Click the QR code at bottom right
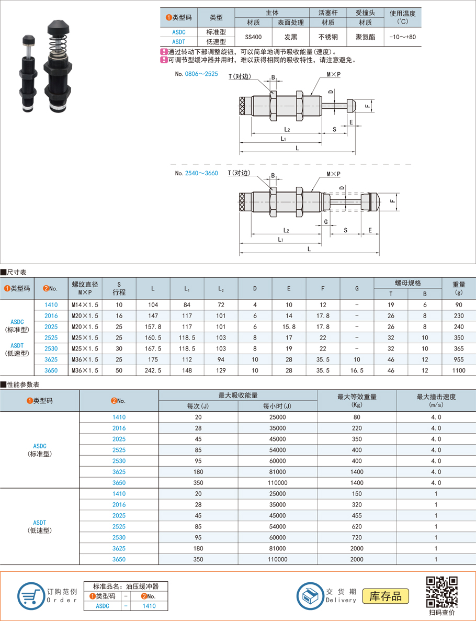(442, 591)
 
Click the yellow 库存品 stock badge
(386, 596)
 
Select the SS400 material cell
(253, 37)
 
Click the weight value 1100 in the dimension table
(459, 370)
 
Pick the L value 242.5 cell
(153, 370)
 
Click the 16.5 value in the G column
(357, 370)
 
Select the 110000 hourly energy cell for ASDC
(277, 483)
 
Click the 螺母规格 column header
(407, 283)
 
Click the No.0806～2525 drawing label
(196, 74)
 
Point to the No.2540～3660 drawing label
(196, 173)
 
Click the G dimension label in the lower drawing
(326, 221)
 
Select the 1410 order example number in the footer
(149, 606)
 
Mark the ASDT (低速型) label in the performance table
(39, 526)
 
